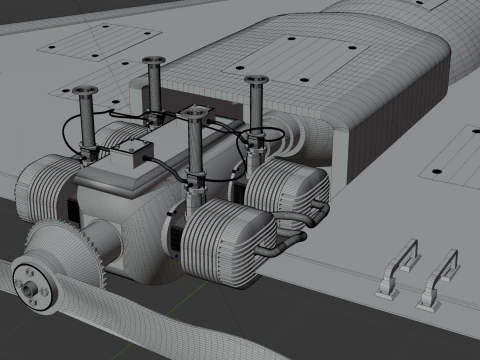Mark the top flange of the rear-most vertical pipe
pyautogui.click(x=153, y=62)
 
